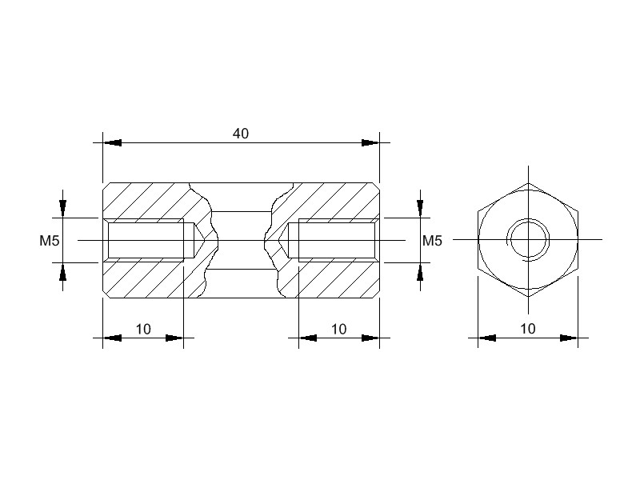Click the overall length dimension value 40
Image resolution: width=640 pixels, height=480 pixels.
tap(241, 134)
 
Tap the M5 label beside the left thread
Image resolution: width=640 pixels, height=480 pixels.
tap(50, 241)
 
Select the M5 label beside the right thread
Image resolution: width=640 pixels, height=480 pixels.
tap(432, 241)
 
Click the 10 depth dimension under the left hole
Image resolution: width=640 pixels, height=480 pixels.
tap(143, 329)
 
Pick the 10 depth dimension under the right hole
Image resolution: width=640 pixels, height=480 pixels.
tap(338, 329)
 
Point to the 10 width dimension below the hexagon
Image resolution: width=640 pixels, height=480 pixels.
tap(528, 329)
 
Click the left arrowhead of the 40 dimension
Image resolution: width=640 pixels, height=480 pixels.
tap(112, 143)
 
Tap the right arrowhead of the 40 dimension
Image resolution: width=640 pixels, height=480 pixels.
tap(370, 143)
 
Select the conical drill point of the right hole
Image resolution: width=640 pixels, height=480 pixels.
tap(284, 241)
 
